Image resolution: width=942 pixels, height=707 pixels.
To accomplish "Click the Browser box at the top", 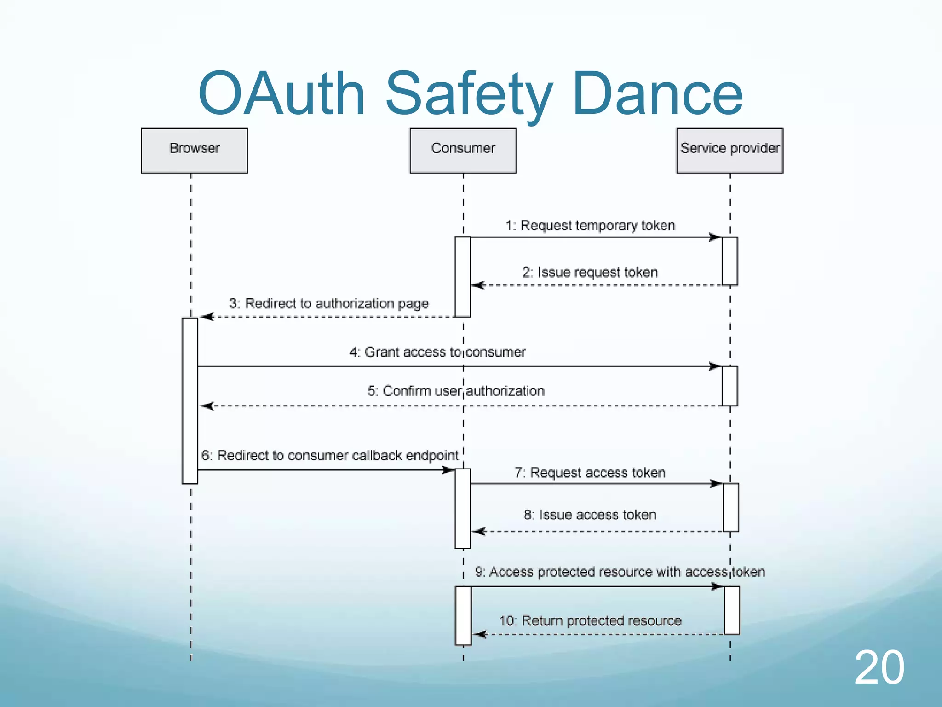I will click(194, 151).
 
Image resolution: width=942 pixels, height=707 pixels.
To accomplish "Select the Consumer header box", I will click(463, 151).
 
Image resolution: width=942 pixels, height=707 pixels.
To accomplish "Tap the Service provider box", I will click(729, 151).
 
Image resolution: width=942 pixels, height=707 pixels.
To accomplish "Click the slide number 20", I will click(879, 667).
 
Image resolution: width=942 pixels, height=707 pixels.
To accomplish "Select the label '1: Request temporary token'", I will click(590, 226).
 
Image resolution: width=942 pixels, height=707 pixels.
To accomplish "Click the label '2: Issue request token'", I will click(590, 272).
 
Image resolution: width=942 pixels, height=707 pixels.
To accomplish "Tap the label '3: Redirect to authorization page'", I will click(329, 304).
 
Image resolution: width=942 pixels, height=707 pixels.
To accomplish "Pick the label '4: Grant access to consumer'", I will click(437, 352).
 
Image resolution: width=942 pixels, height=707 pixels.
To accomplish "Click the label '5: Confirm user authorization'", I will click(456, 391).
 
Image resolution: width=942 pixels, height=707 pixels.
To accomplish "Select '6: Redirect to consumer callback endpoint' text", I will click(330, 456).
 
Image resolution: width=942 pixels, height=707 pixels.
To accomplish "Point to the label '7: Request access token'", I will click(590, 473).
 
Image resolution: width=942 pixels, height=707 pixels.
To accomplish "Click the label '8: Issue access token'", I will click(590, 515).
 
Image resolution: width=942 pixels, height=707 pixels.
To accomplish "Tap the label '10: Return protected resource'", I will click(590, 621).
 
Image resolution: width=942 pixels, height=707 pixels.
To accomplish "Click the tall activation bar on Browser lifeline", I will click(190, 400).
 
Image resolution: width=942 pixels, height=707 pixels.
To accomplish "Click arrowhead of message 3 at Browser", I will click(207, 317).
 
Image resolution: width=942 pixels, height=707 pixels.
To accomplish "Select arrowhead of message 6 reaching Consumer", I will click(448, 470).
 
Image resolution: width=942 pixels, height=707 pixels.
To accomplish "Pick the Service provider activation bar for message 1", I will click(729, 261).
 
